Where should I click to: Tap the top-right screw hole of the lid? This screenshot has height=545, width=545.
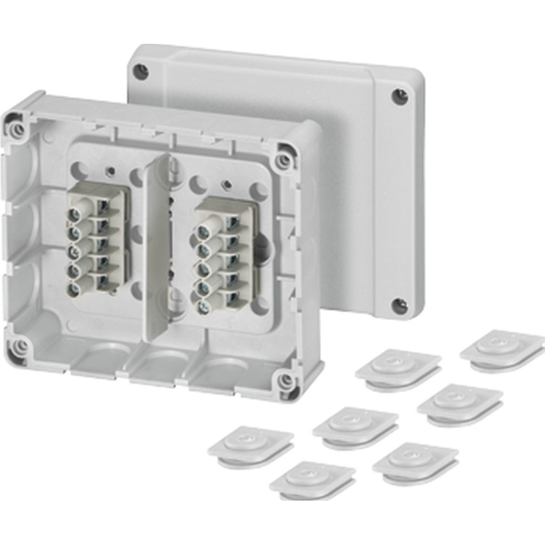click(397, 95)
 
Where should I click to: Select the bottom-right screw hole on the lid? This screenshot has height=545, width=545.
click(397, 304)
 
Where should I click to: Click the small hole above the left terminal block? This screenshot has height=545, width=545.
click(110, 170)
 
